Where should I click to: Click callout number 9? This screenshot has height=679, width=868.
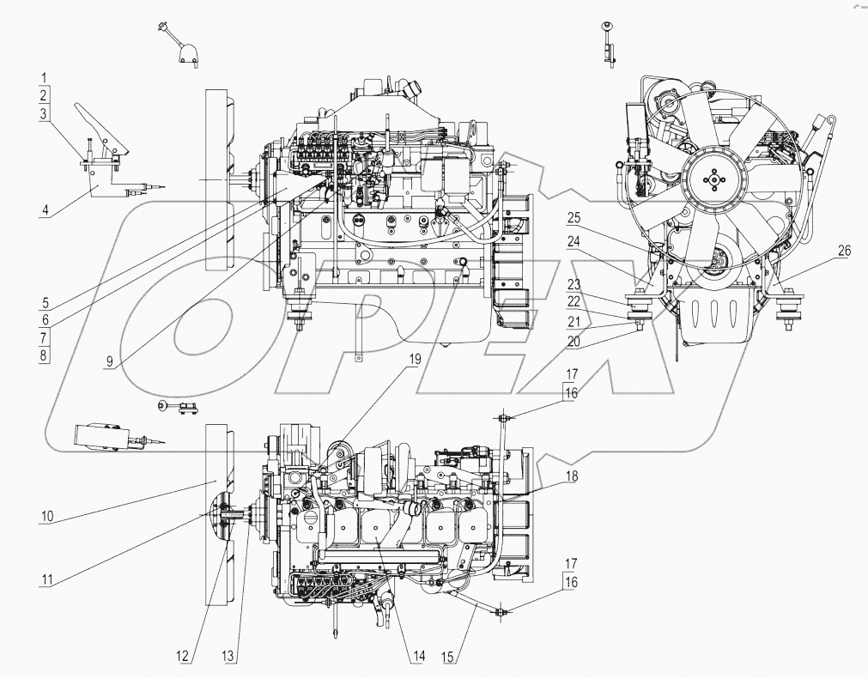tap(109, 361)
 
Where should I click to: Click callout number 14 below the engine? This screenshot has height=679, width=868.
tap(417, 658)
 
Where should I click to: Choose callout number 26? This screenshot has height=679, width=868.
tap(844, 251)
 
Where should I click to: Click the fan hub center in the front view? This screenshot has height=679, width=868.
tap(711, 179)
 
